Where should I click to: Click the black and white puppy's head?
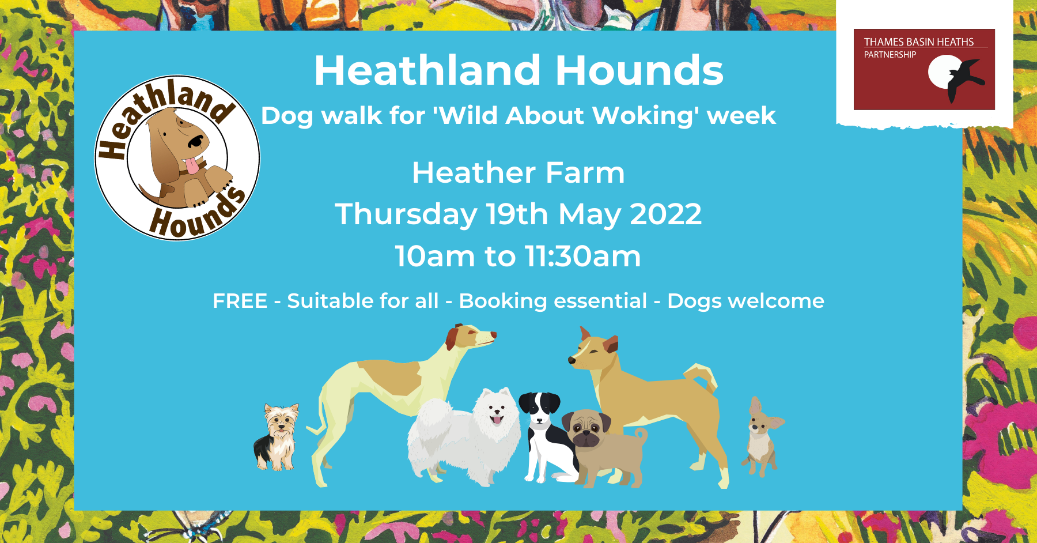pyautogui.click(x=540, y=408)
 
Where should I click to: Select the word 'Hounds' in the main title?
pyautogui.click(x=639, y=71)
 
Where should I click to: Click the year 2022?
pyautogui.click(x=666, y=214)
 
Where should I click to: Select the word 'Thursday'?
pyautogui.click(x=406, y=215)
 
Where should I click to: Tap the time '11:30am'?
pyautogui.click(x=583, y=257)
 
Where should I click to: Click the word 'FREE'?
pyautogui.click(x=240, y=301)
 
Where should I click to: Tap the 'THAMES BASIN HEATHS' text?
pyautogui.click(x=919, y=42)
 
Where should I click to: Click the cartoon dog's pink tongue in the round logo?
pyautogui.click(x=194, y=167)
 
